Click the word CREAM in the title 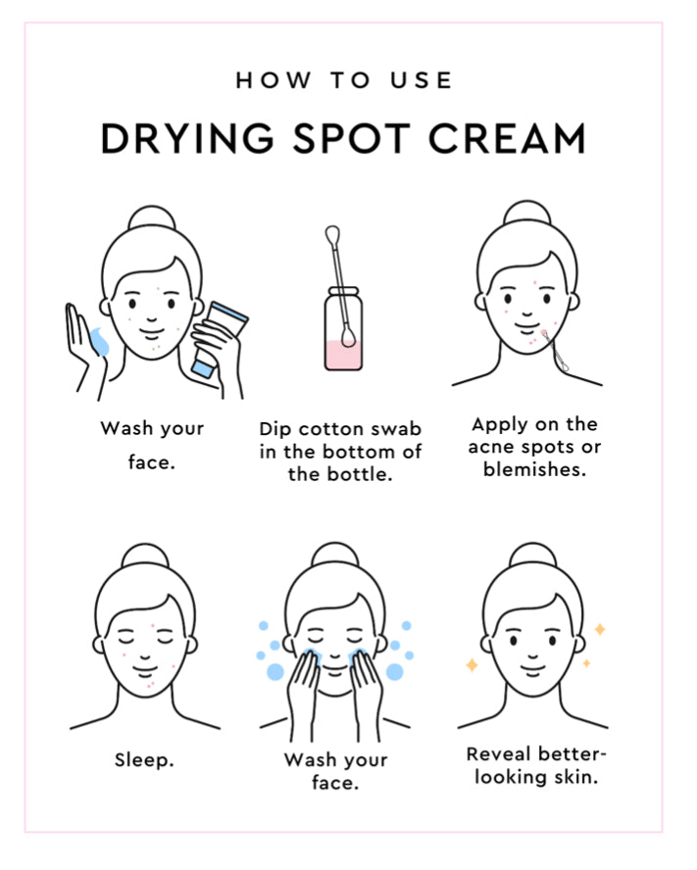click(x=508, y=138)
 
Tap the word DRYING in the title click(x=187, y=138)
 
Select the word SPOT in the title click(x=352, y=138)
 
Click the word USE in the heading click(x=421, y=80)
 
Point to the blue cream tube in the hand click(x=220, y=339)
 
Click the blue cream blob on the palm click(x=100, y=341)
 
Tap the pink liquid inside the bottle click(x=344, y=355)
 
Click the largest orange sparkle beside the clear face click(x=472, y=664)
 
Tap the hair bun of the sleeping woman click(x=145, y=556)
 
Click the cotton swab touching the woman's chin click(x=556, y=351)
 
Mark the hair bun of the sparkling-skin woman click(x=532, y=556)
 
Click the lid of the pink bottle click(x=344, y=292)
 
